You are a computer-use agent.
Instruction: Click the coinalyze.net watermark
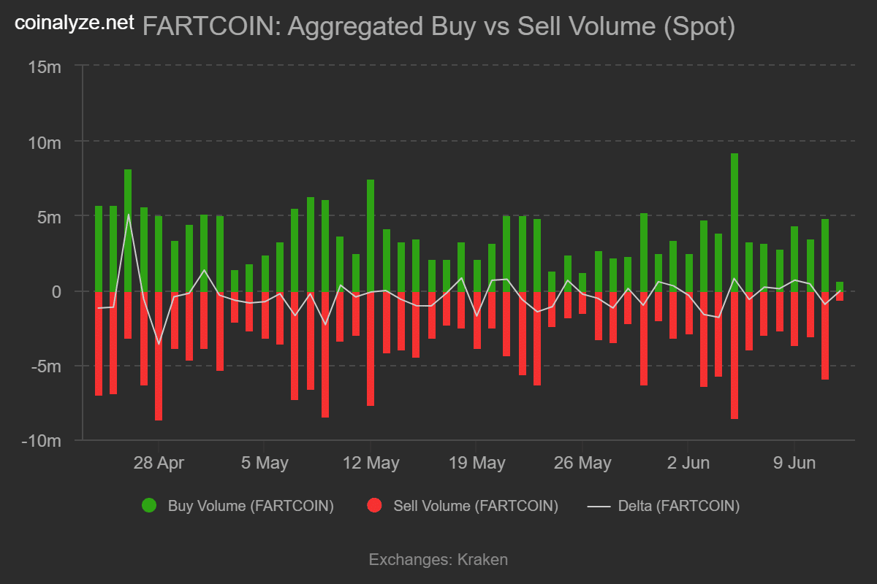click(75, 23)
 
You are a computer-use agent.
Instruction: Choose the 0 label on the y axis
click(56, 291)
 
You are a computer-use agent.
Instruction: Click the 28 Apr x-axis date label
click(159, 463)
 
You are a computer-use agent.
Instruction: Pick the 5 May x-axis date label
click(265, 463)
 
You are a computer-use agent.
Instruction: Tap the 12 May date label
click(371, 463)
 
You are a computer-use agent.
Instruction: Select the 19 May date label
click(477, 463)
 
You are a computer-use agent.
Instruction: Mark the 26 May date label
click(582, 463)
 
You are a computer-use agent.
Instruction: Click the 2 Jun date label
click(688, 463)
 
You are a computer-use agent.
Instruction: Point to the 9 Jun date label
click(794, 463)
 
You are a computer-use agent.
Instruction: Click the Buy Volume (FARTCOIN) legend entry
click(240, 505)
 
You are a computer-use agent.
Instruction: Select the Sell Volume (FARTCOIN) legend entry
click(464, 505)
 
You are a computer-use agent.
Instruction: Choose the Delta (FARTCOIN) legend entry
click(665, 505)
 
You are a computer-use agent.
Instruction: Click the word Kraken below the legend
click(482, 560)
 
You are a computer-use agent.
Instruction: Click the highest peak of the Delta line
click(129, 214)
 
